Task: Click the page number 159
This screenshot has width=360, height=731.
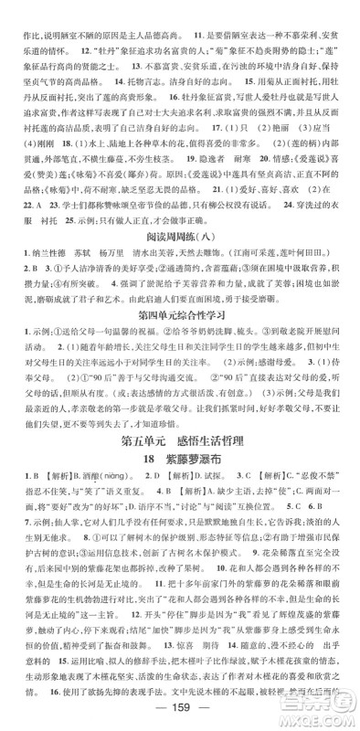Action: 179,714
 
